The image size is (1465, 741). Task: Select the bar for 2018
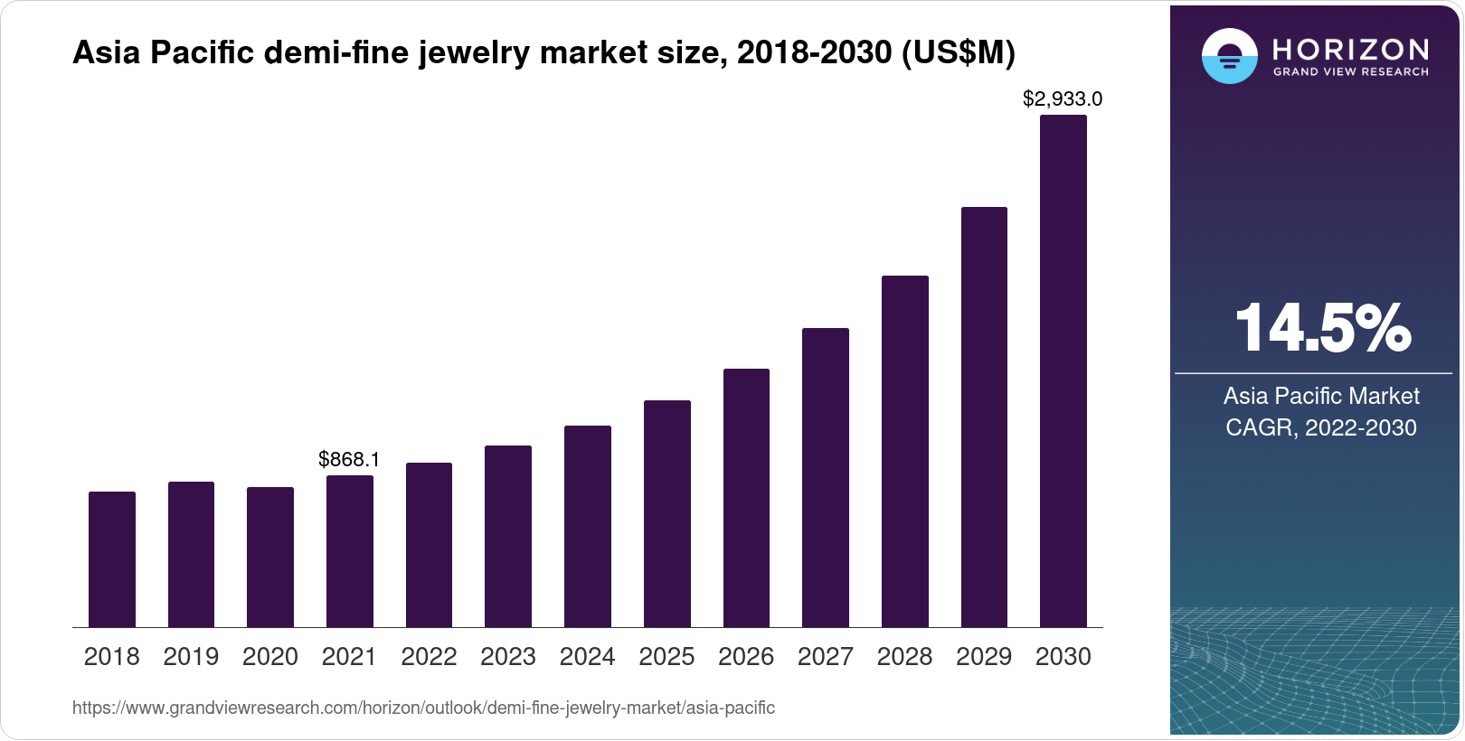pyautogui.click(x=112, y=559)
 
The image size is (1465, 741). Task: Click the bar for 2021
pyautogui.click(x=350, y=551)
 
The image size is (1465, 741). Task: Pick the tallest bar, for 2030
pyautogui.click(x=1063, y=370)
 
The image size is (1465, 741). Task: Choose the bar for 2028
pyautogui.click(x=905, y=451)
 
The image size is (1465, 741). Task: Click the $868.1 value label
pyautogui.click(x=349, y=459)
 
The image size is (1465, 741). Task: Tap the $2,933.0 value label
pyautogui.click(x=1063, y=98)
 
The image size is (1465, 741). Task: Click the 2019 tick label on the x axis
pyautogui.click(x=191, y=657)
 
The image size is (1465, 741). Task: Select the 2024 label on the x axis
pyautogui.click(x=588, y=657)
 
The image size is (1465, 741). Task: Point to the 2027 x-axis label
pyautogui.click(x=826, y=657)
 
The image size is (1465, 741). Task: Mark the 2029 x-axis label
pyautogui.click(x=984, y=657)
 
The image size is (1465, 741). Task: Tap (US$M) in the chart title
pyautogui.click(x=958, y=53)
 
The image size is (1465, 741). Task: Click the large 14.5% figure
pyautogui.click(x=1321, y=328)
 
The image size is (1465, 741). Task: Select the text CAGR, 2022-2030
pyautogui.click(x=1321, y=427)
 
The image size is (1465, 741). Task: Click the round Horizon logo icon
pyautogui.click(x=1229, y=56)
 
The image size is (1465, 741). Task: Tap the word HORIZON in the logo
pyautogui.click(x=1351, y=49)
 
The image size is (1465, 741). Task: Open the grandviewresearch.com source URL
pyautogui.click(x=423, y=708)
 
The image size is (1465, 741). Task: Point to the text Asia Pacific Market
pyautogui.click(x=1321, y=396)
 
